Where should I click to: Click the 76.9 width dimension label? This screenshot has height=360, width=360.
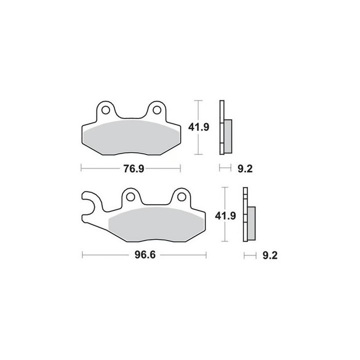point(133,169)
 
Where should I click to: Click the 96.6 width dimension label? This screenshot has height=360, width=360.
point(145,255)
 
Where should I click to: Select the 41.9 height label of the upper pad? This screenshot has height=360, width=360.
point(198,127)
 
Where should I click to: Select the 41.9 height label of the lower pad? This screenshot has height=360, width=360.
point(225,216)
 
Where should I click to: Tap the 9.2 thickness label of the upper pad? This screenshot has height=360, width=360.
point(245,169)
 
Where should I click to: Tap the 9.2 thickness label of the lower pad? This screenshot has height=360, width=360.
point(270,255)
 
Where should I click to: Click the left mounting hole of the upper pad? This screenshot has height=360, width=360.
point(105,110)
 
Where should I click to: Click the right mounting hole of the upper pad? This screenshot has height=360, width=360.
point(157,110)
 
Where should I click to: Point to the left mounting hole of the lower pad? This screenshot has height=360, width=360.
point(130,197)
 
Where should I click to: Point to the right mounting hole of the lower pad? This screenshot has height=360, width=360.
point(181,197)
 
